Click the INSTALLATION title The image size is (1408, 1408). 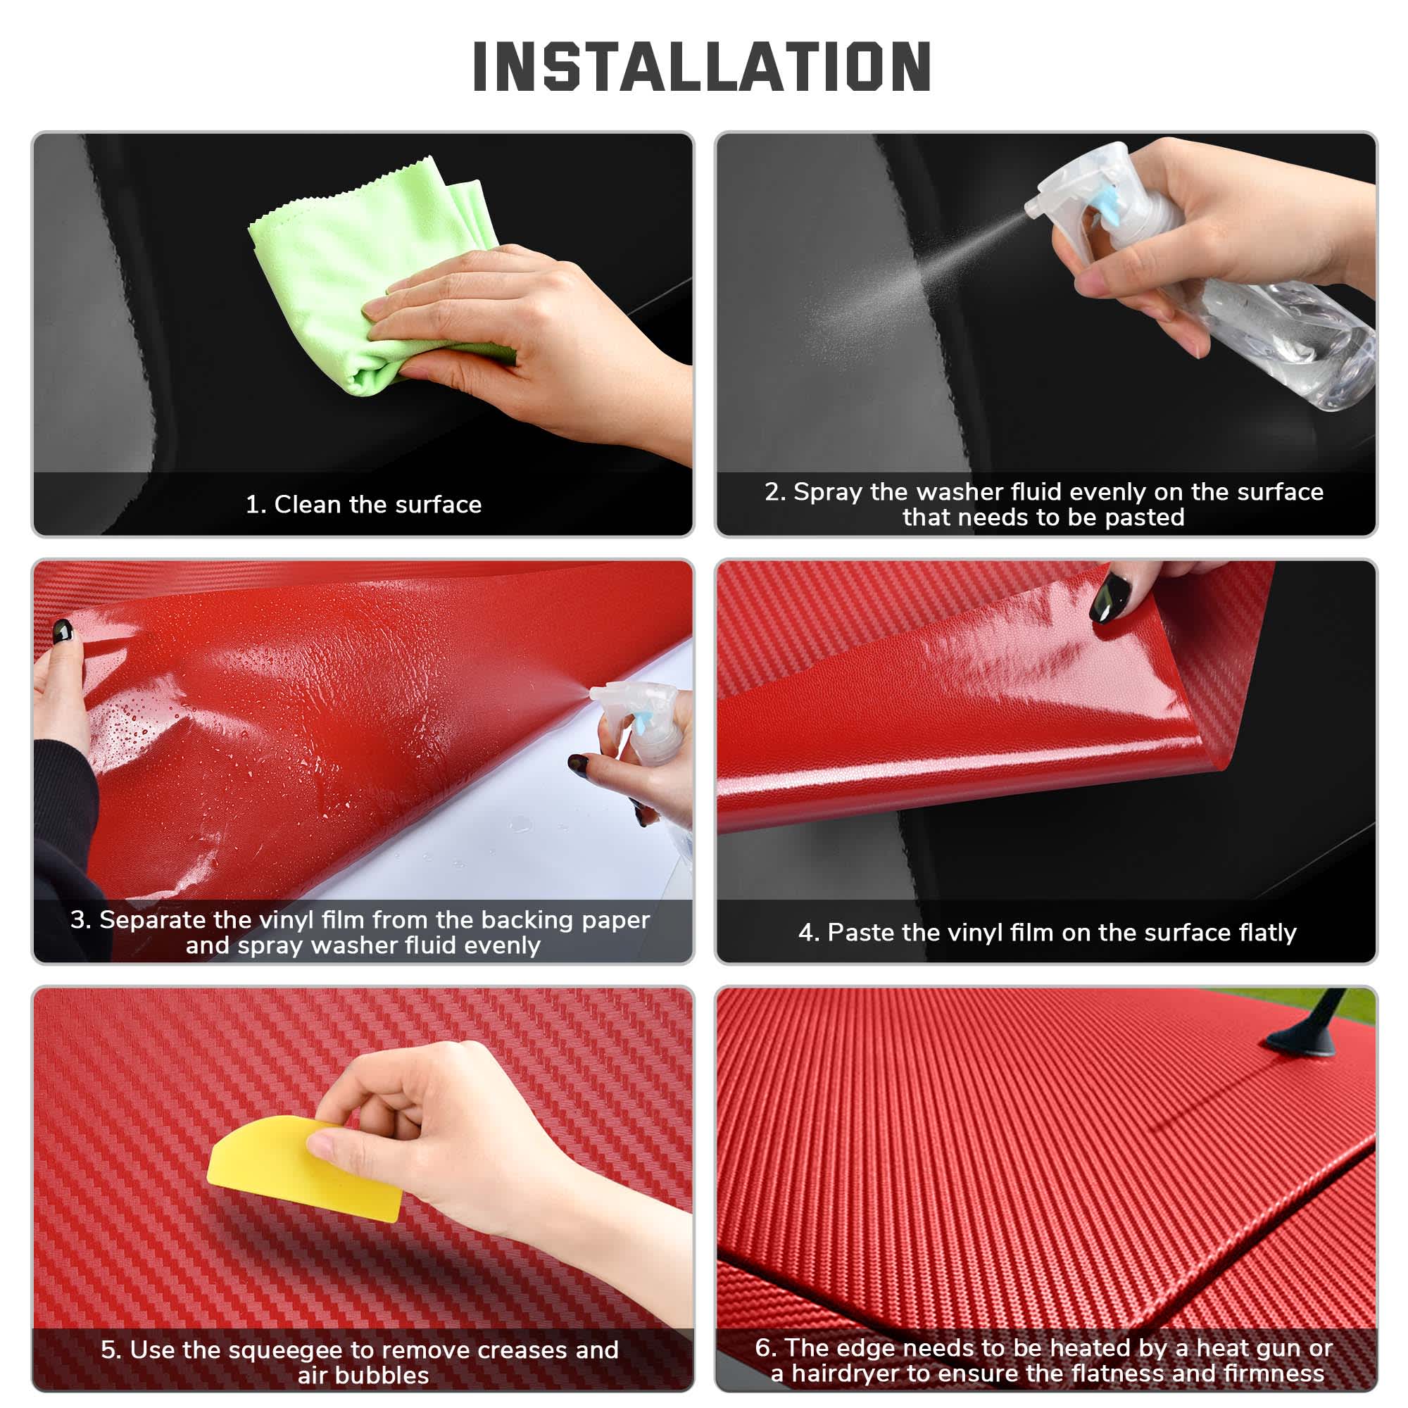point(703,67)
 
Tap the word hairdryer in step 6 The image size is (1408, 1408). point(846,1374)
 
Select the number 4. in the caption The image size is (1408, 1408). point(808,933)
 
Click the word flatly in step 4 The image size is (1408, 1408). point(1267,933)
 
